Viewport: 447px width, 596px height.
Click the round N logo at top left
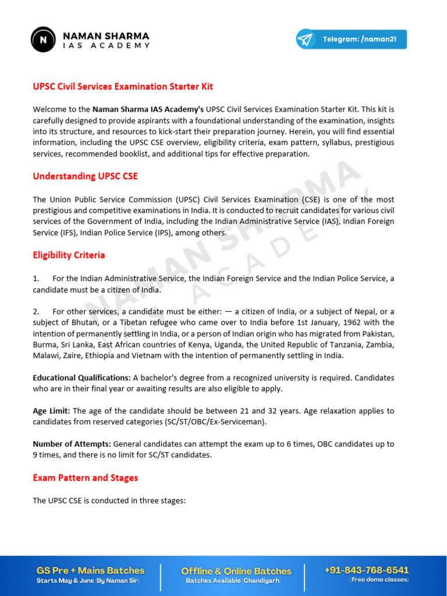(x=44, y=39)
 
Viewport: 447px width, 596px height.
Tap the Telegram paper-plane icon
(x=305, y=40)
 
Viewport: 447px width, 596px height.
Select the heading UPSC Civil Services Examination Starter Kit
(x=123, y=87)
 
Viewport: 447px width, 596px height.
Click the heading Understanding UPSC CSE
(x=85, y=176)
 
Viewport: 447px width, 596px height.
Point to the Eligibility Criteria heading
(x=69, y=256)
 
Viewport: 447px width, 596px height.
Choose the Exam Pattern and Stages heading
(x=85, y=478)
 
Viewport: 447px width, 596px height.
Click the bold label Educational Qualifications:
(x=81, y=378)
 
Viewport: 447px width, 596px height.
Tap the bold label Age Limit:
(x=51, y=411)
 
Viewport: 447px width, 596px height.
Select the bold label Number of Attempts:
(x=72, y=444)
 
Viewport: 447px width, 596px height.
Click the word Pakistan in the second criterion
(x=377, y=334)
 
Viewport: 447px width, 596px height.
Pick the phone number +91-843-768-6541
(x=367, y=570)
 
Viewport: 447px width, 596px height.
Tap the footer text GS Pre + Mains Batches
(x=90, y=570)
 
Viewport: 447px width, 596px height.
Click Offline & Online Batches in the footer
(x=236, y=571)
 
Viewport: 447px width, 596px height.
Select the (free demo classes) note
(x=379, y=580)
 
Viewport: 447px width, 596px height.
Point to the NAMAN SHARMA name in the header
(x=106, y=36)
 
